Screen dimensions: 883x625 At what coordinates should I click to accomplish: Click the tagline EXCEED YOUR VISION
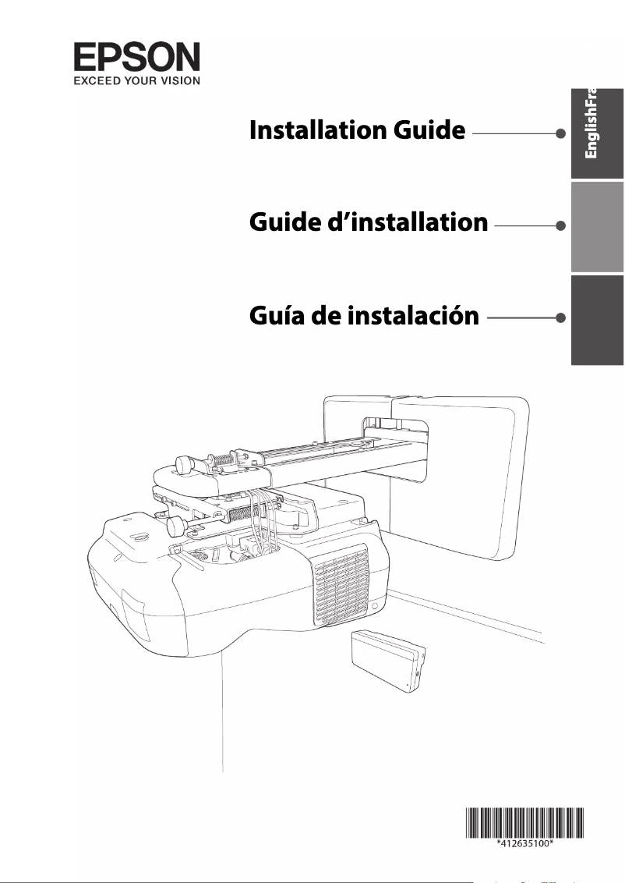click(137, 80)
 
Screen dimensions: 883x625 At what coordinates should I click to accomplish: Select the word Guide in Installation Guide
click(425, 131)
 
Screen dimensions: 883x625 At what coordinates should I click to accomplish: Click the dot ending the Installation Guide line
click(560, 133)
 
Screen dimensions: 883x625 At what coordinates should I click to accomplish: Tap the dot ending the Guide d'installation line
click(560, 225)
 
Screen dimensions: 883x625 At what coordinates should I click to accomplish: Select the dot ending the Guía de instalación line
click(560, 317)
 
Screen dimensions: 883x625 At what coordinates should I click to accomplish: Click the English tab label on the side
click(591, 133)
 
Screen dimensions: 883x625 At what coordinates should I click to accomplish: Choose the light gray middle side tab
click(597, 225)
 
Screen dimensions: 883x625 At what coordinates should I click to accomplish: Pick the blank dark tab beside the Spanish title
click(597, 319)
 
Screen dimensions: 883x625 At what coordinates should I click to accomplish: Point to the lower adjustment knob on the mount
click(177, 528)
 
